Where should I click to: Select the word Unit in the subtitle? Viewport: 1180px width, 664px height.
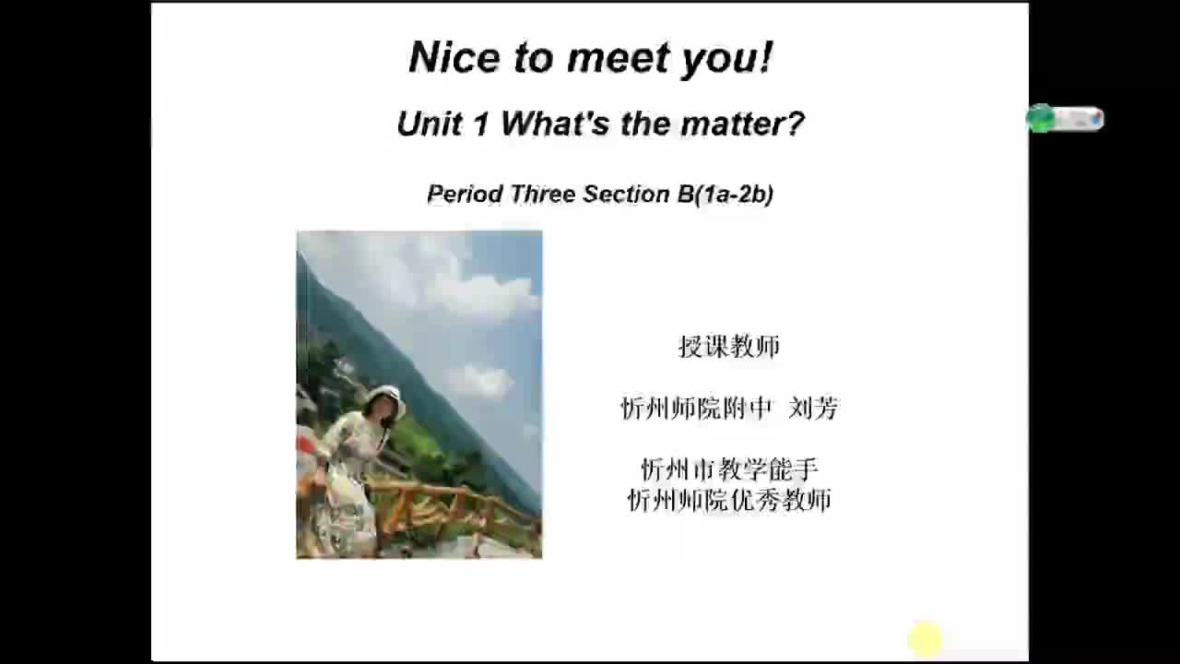[x=428, y=124]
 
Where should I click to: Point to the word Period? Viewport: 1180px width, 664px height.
[x=465, y=194]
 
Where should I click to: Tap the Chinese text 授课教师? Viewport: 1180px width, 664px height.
[x=729, y=347]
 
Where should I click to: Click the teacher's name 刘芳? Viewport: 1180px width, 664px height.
[x=813, y=408]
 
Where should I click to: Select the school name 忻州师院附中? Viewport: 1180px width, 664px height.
[x=696, y=408]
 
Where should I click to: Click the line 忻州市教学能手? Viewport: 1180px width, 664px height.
[x=729, y=469]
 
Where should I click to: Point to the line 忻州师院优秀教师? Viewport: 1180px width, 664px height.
[x=729, y=500]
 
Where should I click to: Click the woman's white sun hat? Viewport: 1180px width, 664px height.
[x=384, y=397]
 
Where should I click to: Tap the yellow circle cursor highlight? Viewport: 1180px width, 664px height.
[x=926, y=639]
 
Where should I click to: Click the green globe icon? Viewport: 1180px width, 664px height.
[x=1041, y=118]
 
